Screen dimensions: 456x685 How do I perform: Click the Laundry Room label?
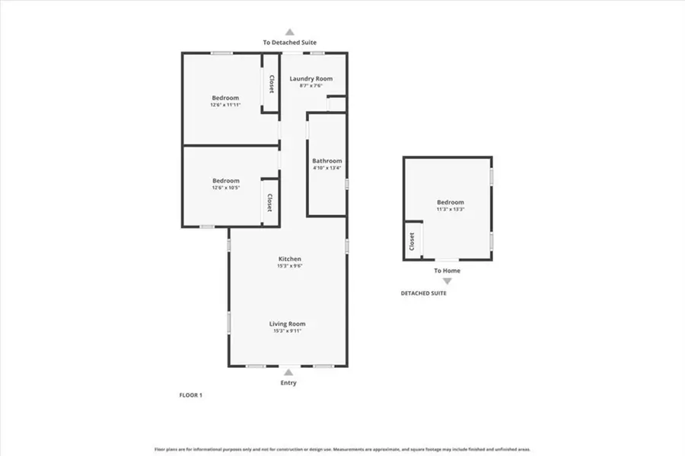[x=311, y=78]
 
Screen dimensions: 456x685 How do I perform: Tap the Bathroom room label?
[x=327, y=161]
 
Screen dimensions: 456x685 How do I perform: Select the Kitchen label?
[x=289, y=259]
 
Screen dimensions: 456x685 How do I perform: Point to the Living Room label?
[x=289, y=324]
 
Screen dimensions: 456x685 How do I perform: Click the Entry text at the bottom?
[x=288, y=383]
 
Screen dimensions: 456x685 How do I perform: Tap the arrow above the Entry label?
[x=288, y=372]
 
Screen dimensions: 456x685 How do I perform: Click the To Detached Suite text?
[x=290, y=43]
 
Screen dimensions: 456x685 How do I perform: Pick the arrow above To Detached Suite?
[x=289, y=32]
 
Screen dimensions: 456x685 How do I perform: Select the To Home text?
[x=447, y=271]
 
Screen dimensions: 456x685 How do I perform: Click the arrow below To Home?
[x=447, y=281]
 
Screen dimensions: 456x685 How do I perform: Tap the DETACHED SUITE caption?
[x=424, y=293]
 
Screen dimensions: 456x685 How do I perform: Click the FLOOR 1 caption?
[x=190, y=395]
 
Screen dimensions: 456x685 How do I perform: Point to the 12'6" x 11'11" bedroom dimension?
[x=225, y=105]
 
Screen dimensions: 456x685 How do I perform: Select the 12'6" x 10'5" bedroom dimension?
[x=225, y=188]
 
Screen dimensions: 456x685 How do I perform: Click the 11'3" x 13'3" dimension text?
[x=451, y=209]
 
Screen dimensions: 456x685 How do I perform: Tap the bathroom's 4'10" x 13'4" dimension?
[x=327, y=169]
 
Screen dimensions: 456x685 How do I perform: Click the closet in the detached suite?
[x=412, y=242]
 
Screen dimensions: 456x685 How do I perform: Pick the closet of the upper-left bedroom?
[x=270, y=91]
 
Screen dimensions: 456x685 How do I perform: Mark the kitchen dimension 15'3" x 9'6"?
[x=289, y=266]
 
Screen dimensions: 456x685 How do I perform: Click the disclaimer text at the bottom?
[x=342, y=449]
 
